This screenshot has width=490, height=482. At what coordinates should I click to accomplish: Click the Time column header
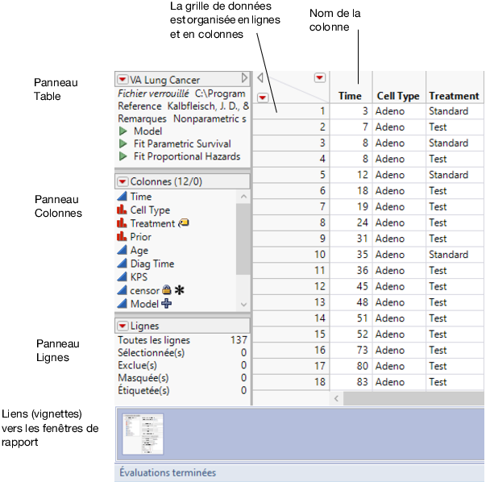[350, 96]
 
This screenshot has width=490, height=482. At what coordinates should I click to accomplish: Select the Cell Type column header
[398, 96]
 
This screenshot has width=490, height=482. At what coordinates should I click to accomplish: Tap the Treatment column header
[454, 96]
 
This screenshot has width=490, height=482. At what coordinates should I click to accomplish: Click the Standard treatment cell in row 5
[448, 175]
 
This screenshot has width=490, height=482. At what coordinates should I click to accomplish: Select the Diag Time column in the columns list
[152, 264]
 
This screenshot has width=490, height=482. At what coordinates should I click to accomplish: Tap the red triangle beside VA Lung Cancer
[122, 80]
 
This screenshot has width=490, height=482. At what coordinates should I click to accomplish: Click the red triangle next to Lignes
[122, 326]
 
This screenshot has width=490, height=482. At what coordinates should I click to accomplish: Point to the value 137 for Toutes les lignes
[238, 340]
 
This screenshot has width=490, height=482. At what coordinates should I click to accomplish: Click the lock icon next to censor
[166, 290]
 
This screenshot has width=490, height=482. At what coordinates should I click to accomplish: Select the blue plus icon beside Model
[167, 304]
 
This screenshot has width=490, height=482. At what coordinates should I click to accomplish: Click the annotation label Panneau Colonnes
[58, 206]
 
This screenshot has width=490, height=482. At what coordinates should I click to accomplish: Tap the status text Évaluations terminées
[168, 473]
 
